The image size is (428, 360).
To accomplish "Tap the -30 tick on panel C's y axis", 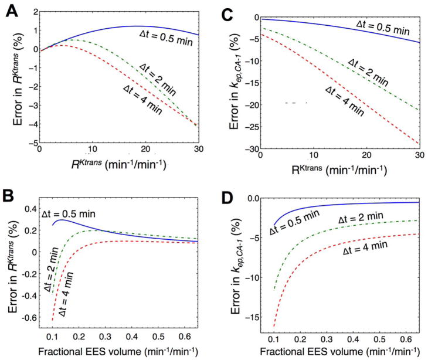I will pos(245,150).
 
